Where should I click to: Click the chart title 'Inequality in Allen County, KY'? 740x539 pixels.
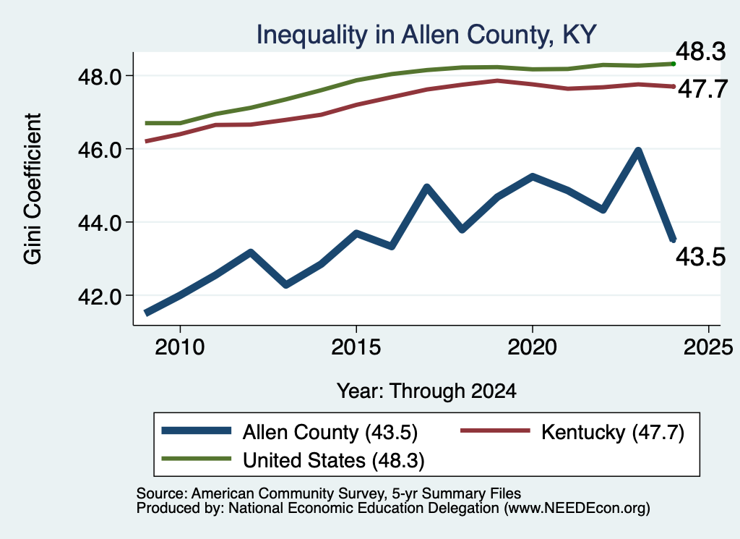tap(426, 35)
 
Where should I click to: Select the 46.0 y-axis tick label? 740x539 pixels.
tap(101, 150)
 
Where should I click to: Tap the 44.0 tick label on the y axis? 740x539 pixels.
tap(101, 223)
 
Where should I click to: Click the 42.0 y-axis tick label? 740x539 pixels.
tap(101, 296)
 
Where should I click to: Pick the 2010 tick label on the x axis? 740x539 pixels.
tap(180, 348)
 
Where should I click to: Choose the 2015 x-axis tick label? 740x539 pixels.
tap(356, 348)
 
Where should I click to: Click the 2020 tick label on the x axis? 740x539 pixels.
tap(533, 348)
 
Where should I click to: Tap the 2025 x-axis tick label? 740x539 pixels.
tap(708, 348)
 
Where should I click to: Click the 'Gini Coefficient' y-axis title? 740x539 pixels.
tap(33, 189)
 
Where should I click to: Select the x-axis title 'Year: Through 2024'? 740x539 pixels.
tap(426, 391)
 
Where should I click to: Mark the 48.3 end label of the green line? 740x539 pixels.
tap(701, 51)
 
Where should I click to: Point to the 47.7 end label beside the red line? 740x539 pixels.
tap(702, 89)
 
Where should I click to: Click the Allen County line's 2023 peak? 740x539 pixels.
tap(638, 150)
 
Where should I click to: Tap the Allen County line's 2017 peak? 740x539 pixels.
tap(426, 187)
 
